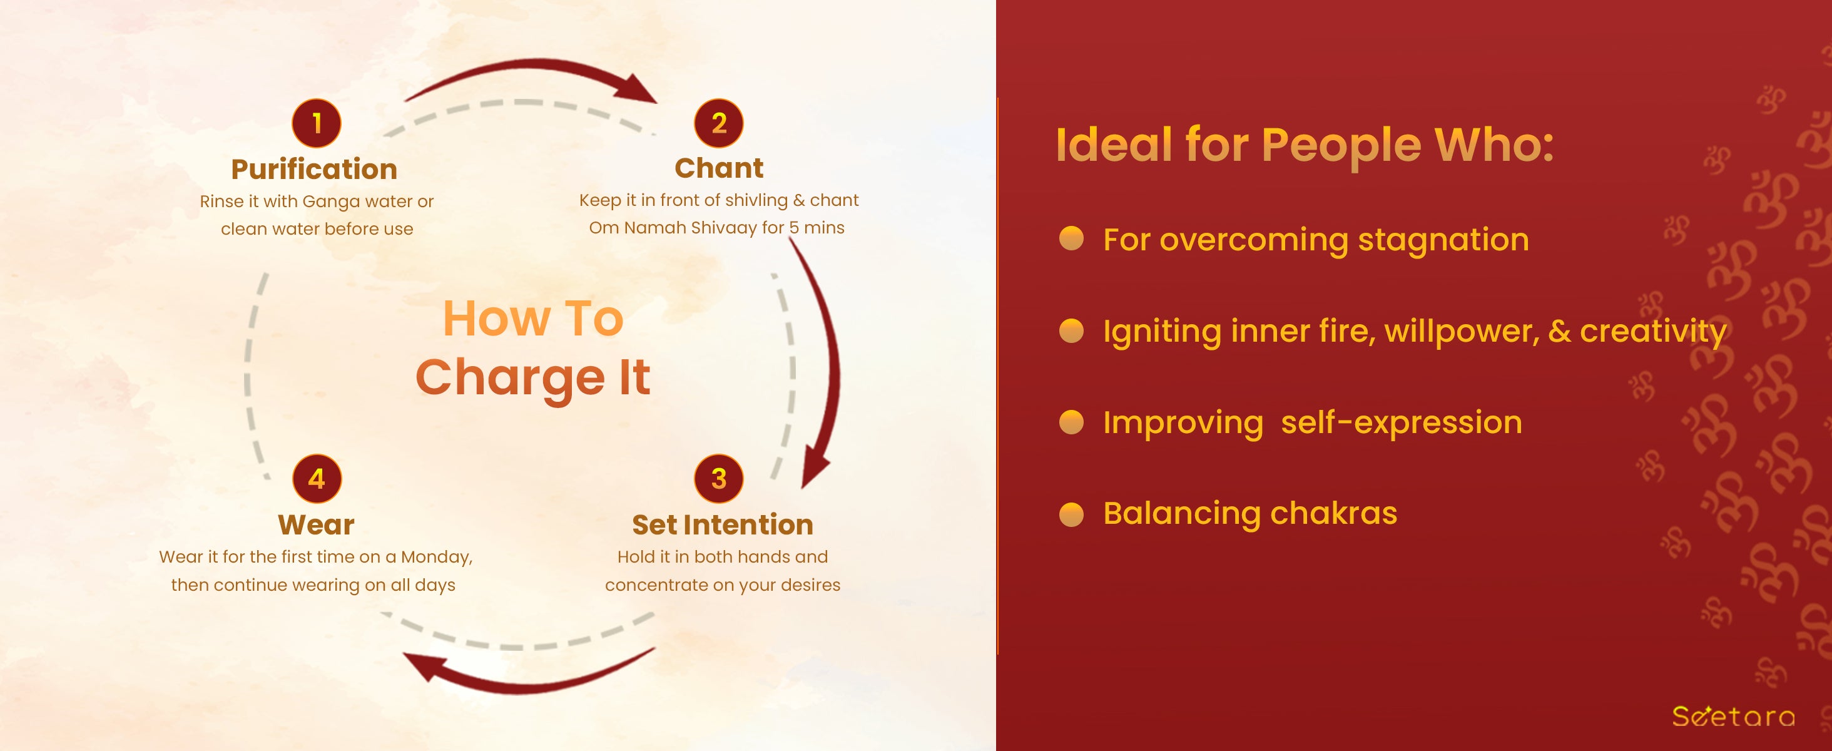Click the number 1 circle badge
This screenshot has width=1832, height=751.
(x=317, y=123)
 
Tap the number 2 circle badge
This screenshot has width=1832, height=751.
(x=719, y=123)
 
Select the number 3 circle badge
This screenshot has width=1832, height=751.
(x=719, y=479)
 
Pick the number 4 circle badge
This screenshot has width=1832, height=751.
(x=317, y=479)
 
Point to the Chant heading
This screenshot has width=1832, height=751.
(x=719, y=168)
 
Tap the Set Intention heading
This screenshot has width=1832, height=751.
(x=723, y=525)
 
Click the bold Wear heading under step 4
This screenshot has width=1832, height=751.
(x=316, y=525)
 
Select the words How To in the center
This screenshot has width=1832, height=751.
(x=533, y=318)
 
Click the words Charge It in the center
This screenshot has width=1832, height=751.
(x=533, y=377)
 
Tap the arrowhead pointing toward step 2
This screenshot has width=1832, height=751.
(x=634, y=89)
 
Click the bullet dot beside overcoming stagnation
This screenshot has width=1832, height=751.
(x=1071, y=239)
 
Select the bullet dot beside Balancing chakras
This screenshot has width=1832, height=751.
(x=1071, y=513)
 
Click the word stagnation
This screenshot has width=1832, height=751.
(x=1443, y=240)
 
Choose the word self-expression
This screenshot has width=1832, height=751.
(x=1402, y=423)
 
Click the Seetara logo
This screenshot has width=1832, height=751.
(x=1734, y=716)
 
